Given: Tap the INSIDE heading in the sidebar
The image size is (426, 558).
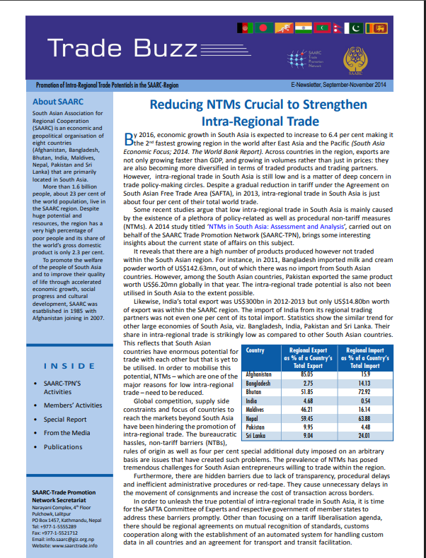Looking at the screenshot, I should (69, 366).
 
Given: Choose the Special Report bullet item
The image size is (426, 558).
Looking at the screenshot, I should (65, 419).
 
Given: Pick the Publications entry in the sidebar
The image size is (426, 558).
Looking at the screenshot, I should (63, 446).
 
